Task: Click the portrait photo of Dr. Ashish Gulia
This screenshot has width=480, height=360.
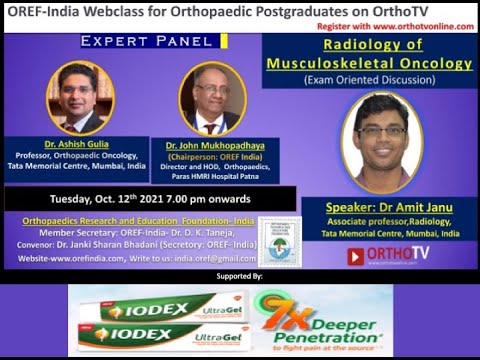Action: click(80, 98)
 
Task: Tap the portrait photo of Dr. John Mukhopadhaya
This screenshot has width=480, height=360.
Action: click(211, 100)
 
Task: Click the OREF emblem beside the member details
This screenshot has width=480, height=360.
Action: click(278, 240)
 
